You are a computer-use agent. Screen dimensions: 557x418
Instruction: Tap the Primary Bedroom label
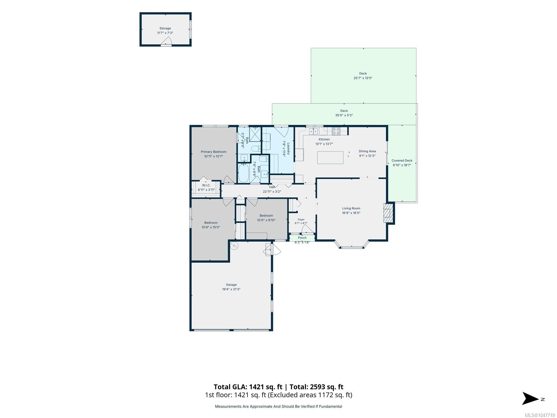pos(213,152)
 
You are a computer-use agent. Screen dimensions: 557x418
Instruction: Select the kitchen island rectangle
pos(330,157)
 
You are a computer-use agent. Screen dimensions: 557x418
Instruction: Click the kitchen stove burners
pos(336,131)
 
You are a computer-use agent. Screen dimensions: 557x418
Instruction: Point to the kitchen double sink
pos(313,131)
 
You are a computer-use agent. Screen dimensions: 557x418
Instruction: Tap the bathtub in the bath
pos(243,173)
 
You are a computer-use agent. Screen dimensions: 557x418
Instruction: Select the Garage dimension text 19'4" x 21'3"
pos(231,289)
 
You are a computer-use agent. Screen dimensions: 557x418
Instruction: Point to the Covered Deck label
pos(402,160)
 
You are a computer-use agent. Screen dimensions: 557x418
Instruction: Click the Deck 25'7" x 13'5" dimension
pos(363,78)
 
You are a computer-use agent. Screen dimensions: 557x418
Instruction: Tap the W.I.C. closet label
pos(206,185)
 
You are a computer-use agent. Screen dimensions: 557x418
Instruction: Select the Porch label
pos(302,238)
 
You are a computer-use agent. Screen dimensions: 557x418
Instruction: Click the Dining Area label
pos(367,151)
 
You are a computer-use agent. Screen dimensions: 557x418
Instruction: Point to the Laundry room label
pos(288,148)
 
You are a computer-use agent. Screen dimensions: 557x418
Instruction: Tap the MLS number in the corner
pos(540,415)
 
